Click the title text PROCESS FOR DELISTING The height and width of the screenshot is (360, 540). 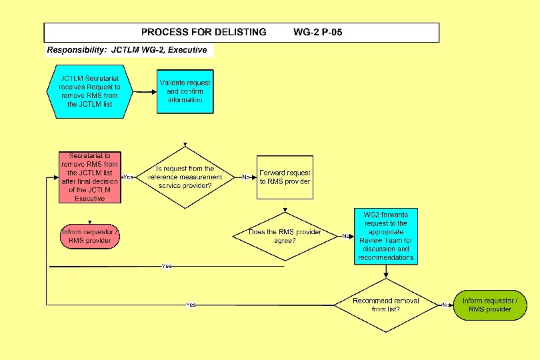tap(203, 32)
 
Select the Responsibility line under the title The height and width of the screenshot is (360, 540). tap(127, 50)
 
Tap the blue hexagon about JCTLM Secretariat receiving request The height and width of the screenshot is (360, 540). tap(89, 91)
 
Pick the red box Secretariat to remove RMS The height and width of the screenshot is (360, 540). tap(89, 177)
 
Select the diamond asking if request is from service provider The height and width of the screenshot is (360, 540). tap(185, 177)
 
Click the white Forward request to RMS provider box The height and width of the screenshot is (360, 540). tap(285, 177)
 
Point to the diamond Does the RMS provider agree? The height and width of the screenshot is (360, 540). tap(285, 236)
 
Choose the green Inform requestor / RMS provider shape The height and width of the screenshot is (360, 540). tap(489, 305)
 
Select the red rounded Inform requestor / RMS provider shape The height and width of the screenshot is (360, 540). tap(89, 237)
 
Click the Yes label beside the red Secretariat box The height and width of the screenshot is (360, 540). tap(129, 177)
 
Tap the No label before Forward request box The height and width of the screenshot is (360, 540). tap(246, 177)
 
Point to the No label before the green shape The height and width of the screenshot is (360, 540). tap(445, 305)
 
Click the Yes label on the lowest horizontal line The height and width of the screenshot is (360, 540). tap(191, 305)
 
